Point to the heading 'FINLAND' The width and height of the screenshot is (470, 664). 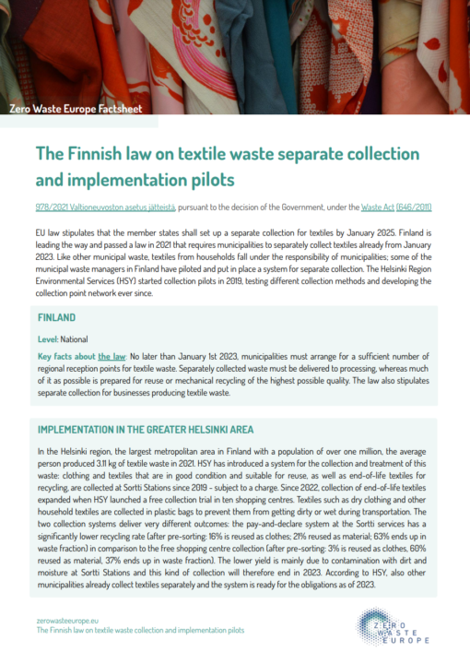56,315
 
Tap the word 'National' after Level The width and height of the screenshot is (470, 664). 76,339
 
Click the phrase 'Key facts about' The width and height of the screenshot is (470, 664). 68,355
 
